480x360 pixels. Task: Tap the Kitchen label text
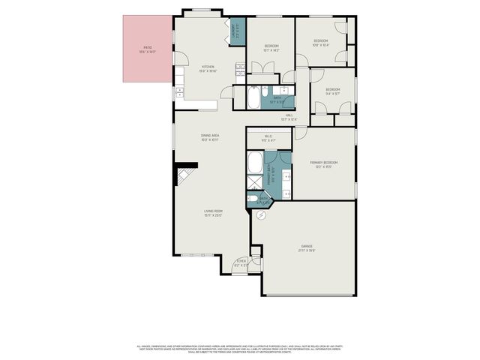pyautogui.click(x=208, y=69)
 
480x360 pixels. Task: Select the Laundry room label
pyautogui.click(x=234, y=31)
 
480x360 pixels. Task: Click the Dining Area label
pyautogui.click(x=209, y=138)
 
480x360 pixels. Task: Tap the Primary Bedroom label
pyautogui.click(x=324, y=164)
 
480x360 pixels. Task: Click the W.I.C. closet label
pyautogui.click(x=268, y=138)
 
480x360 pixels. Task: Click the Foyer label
pyautogui.click(x=241, y=263)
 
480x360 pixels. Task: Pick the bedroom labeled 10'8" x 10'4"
pyautogui.click(x=320, y=43)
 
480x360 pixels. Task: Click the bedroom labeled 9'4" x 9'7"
pyautogui.click(x=332, y=91)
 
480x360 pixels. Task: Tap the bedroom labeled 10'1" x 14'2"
pyautogui.click(x=271, y=49)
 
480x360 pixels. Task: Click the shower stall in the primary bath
pyautogui.click(x=256, y=182)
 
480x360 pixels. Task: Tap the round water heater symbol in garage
pyautogui.click(x=262, y=214)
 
